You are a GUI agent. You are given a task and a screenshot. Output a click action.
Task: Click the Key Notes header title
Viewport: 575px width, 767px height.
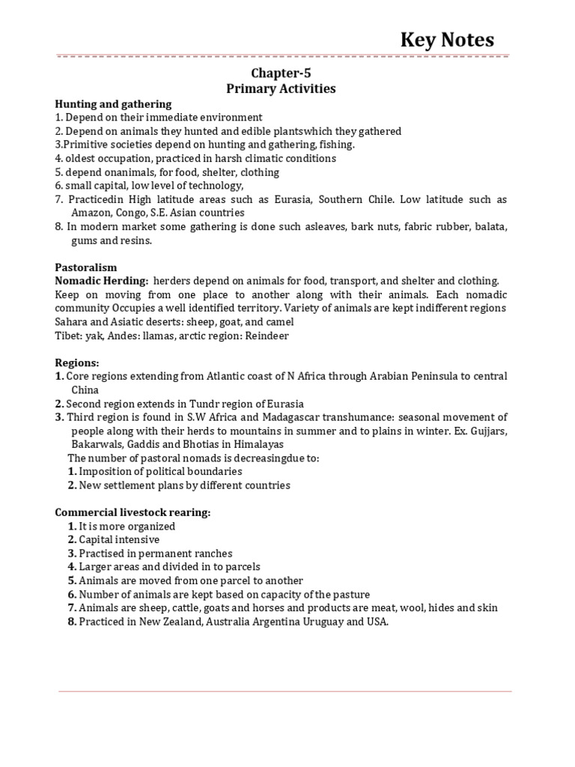click(448, 40)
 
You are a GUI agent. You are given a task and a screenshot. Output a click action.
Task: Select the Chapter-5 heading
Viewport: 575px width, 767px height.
click(281, 73)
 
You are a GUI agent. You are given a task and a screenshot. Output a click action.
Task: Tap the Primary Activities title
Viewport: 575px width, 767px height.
click(281, 89)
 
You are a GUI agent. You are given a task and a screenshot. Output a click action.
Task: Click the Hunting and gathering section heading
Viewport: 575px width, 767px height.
click(113, 104)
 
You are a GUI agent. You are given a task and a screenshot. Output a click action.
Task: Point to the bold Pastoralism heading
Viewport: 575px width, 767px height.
click(86, 267)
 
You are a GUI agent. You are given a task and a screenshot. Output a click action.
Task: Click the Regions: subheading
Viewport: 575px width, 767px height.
click(77, 363)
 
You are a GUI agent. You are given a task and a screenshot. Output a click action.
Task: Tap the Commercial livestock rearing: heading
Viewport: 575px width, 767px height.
click(133, 512)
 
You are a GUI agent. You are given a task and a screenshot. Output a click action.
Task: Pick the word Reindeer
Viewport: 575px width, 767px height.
click(264, 336)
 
